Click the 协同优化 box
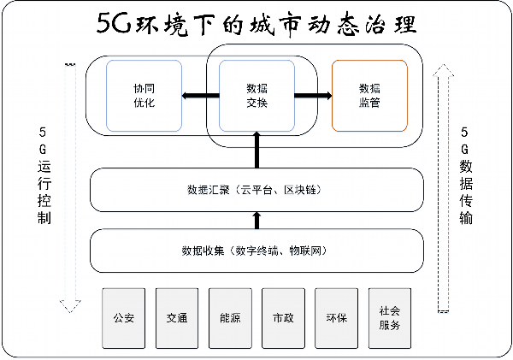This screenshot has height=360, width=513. (144, 95)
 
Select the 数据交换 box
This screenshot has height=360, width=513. (256, 95)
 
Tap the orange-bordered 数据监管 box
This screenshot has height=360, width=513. (369, 95)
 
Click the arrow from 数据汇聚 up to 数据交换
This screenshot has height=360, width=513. (256, 152)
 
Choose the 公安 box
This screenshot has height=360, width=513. (124, 318)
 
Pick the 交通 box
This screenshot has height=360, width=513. (177, 318)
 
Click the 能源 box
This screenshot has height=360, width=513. (230, 318)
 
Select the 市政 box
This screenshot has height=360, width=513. (283, 318)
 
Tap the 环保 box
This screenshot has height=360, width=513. (336, 318)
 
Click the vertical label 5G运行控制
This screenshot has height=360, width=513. (44, 175)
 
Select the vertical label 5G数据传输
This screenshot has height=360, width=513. (465, 175)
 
